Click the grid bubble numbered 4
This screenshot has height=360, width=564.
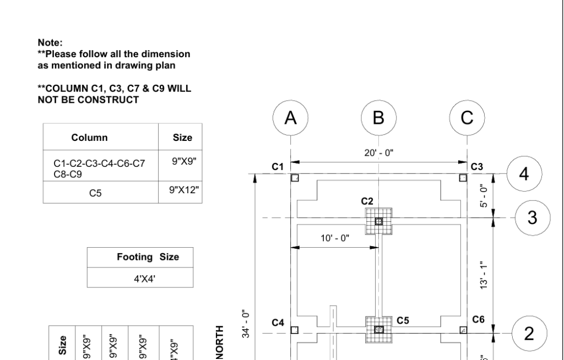click(x=524, y=173)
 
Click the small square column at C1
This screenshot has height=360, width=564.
click(x=295, y=178)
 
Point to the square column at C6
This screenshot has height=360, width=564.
click(x=463, y=330)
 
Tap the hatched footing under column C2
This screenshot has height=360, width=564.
click(x=378, y=221)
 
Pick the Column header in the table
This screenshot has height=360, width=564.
click(x=89, y=138)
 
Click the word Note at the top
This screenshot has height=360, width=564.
click(x=48, y=41)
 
